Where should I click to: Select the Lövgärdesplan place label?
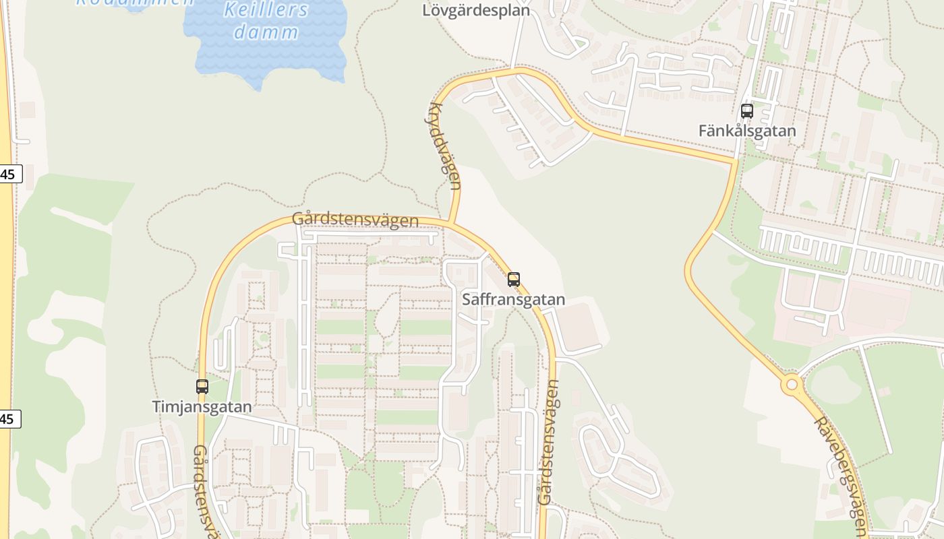coord(476,10)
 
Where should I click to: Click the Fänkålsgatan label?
coord(747,131)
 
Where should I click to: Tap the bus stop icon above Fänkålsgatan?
coord(747,111)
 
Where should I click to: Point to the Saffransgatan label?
coord(514,299)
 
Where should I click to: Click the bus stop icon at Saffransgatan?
coord(514,279)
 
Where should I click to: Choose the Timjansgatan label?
coord(202,407)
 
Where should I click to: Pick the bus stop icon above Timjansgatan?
coord(202,387)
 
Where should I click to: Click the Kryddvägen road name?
coord(445,146)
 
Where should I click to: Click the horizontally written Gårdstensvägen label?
coord(355,220)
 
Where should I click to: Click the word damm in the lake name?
coord(266,32)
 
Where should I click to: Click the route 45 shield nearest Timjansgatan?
coord(8,419)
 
